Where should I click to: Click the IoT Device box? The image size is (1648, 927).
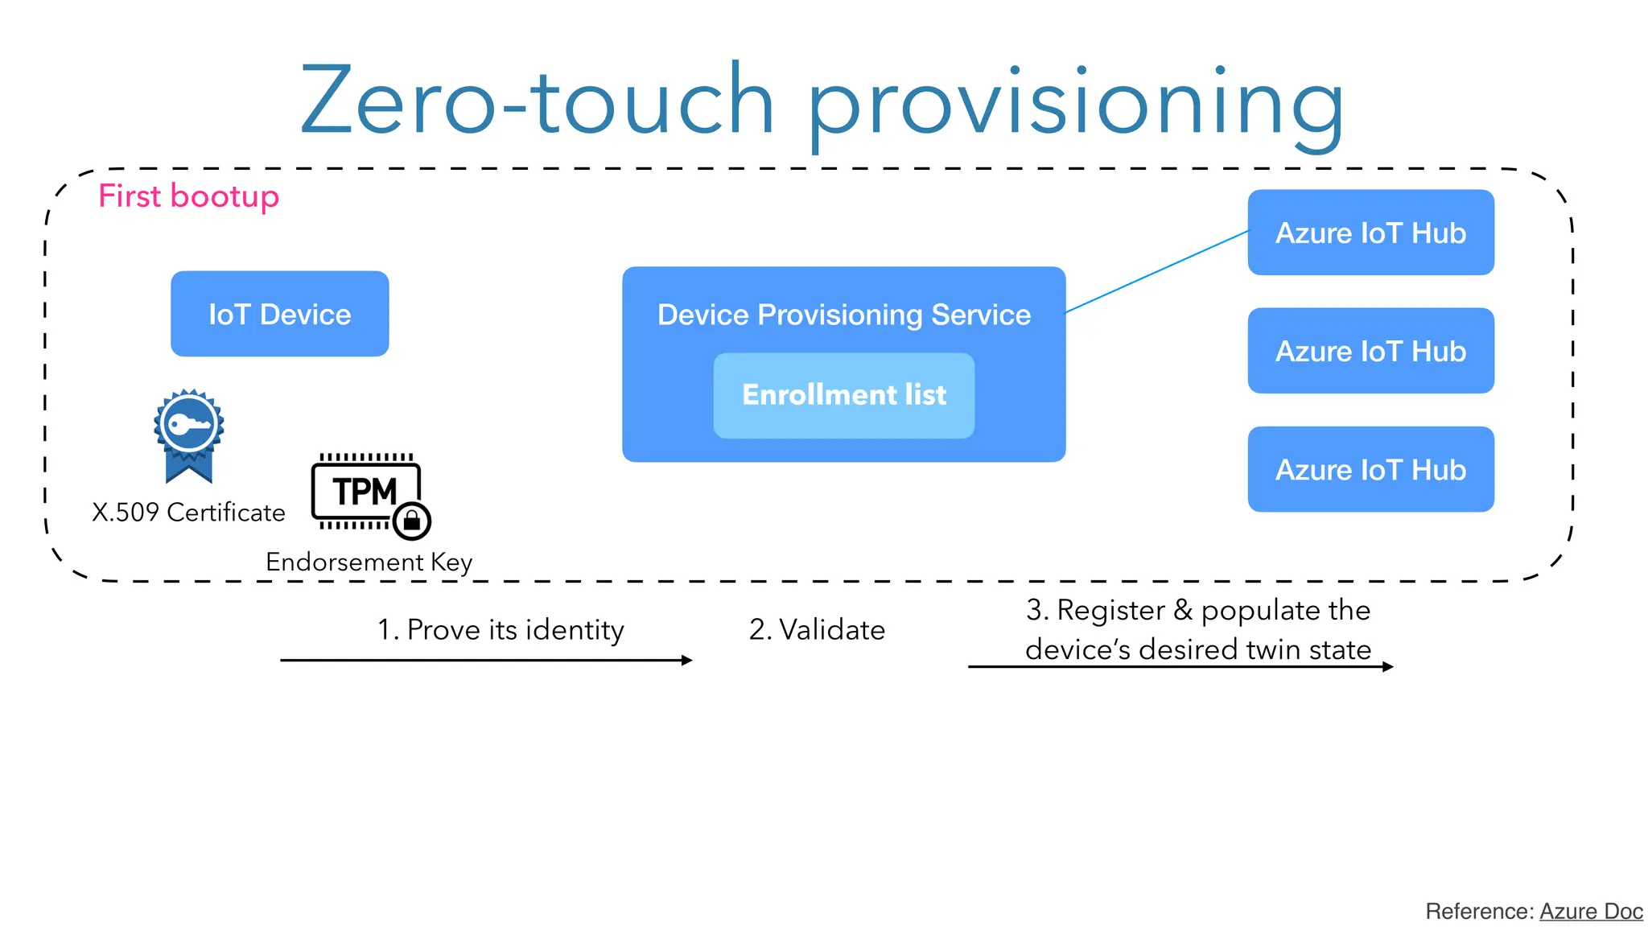coord(279,314)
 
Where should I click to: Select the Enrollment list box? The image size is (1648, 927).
coord(843,395)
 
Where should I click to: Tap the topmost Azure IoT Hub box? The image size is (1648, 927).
coord(1370,233)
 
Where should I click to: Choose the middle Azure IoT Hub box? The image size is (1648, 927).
coord(1370,351)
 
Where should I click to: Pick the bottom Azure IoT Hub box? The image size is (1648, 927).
coord(1370,469)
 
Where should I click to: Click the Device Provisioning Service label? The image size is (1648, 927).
coord(843,315)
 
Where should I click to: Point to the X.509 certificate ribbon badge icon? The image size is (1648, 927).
coord(188,435)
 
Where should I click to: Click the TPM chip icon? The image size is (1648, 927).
coord(364,491)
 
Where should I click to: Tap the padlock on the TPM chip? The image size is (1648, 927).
coord(412,521)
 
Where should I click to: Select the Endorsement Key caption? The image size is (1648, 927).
coord(369,562)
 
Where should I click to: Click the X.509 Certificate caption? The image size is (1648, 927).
coord(188,513)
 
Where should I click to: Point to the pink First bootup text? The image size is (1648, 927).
coord(188,196)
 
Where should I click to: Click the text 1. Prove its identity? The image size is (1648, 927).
coord(501,629)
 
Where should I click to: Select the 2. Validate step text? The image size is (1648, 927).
coord(816,629)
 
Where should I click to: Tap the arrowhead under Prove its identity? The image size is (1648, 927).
coord(686,660)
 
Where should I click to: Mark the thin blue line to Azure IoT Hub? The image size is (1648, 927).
coord(1157,271)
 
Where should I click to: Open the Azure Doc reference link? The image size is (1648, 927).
coord(1590,911)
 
